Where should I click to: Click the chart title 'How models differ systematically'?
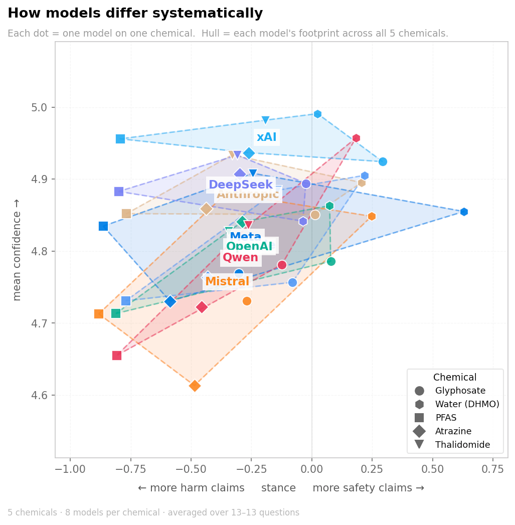135,14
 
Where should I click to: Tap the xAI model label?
266,137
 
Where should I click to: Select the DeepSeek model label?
240,185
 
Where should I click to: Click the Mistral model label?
227,282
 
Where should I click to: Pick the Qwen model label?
240,258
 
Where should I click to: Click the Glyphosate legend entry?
460,391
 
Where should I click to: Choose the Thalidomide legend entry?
462,445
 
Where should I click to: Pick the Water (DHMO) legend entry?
467,404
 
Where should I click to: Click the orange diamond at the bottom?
195,386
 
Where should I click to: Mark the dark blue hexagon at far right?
464,212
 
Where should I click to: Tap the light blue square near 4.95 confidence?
120,139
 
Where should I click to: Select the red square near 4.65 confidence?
117,356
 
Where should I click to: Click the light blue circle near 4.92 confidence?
383,161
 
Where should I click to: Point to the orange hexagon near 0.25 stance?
372,216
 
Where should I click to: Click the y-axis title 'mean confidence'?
17,250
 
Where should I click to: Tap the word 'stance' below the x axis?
278,488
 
